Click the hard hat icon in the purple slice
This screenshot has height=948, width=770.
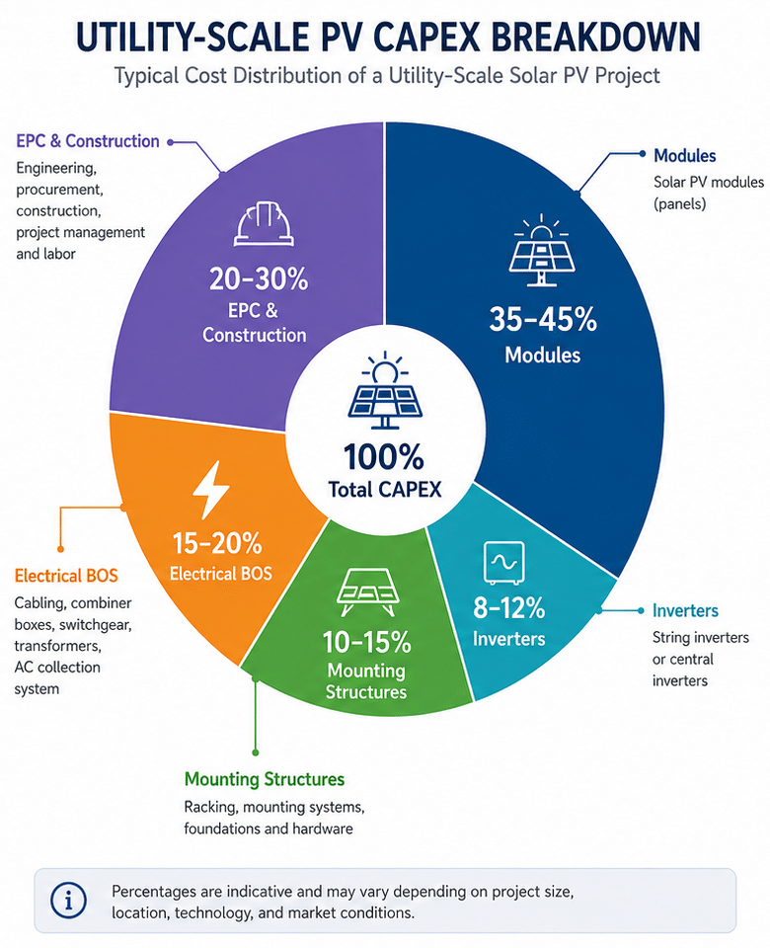[x=264, y=224]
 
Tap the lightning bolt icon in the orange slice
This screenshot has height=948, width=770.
[x=209, y=491]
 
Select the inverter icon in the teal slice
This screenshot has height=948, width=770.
[x=504, y=562]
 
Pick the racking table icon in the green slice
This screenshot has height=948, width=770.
[x=367, y=592]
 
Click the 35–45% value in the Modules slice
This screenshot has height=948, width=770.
[x=543, y=319]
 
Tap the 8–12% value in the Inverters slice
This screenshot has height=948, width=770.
[x=509, y=607]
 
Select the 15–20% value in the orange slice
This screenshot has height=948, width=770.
[x=217, y=543]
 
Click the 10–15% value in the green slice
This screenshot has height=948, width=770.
[x=367, y=642]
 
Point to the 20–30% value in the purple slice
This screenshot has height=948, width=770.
[x=259, y=279]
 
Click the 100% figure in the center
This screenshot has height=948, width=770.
[x=384, y=456]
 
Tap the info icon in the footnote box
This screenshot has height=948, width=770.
[x=68, y=901]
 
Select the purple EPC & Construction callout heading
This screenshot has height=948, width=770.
[x=88, y=141]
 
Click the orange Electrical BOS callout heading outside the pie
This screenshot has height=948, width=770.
[x=66, y=575]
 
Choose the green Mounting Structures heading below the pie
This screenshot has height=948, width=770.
[x=265, y=779]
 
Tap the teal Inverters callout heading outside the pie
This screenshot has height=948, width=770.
[x=685, y=610]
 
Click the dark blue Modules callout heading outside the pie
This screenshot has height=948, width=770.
[x=685, y=155]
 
